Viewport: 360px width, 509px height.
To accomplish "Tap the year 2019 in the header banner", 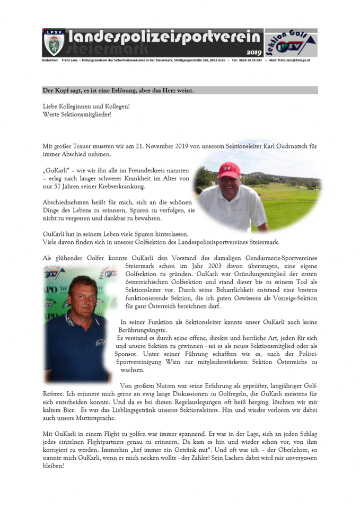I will click(253, 52).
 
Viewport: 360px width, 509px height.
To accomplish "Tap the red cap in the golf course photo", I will click(229, 169).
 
